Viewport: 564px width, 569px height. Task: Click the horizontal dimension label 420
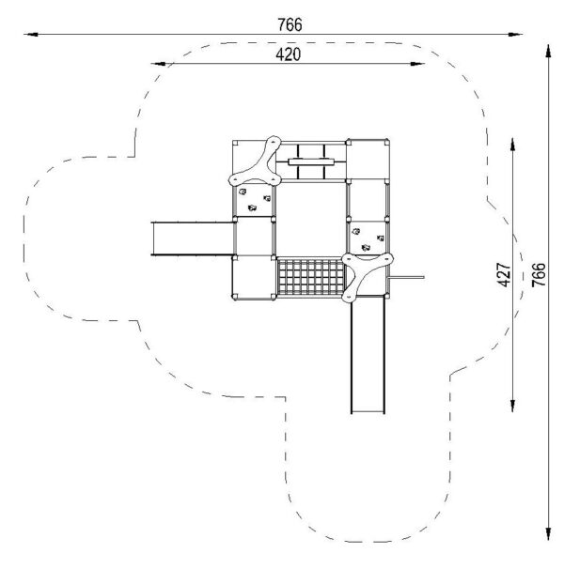point(289,54)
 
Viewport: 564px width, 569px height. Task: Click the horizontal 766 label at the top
point(290,24)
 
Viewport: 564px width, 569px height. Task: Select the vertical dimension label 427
point(504,275)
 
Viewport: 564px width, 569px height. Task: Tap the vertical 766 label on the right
point(539,275)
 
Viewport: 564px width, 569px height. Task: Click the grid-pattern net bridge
point(311,276)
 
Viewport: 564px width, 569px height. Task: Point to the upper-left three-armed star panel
point(257,162)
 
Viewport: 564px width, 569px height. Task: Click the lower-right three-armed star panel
point(366,276)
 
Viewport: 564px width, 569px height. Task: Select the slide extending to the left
point(193,238)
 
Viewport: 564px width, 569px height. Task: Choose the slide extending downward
point(368,355)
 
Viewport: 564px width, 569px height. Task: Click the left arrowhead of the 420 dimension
point(158,64)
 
